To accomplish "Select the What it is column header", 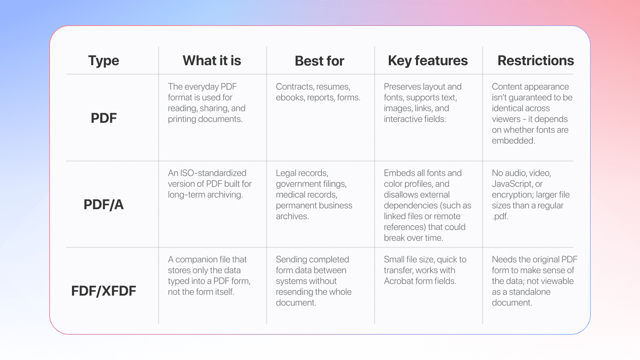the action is (x=212, y=60).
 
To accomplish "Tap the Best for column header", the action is (x=320, y=61).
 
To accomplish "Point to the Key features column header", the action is (x=428, y=61).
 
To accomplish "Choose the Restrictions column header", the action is (x=536, y=60).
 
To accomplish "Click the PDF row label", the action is (x=104, y=118).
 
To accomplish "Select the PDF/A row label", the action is (x=104, y=204).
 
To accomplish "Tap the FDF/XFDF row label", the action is (x=104, y=291).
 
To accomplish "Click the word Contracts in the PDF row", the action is (x=294, y=87).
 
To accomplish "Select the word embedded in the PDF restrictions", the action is (x=514, y=140).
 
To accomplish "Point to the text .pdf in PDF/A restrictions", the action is (x=500, y=216).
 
